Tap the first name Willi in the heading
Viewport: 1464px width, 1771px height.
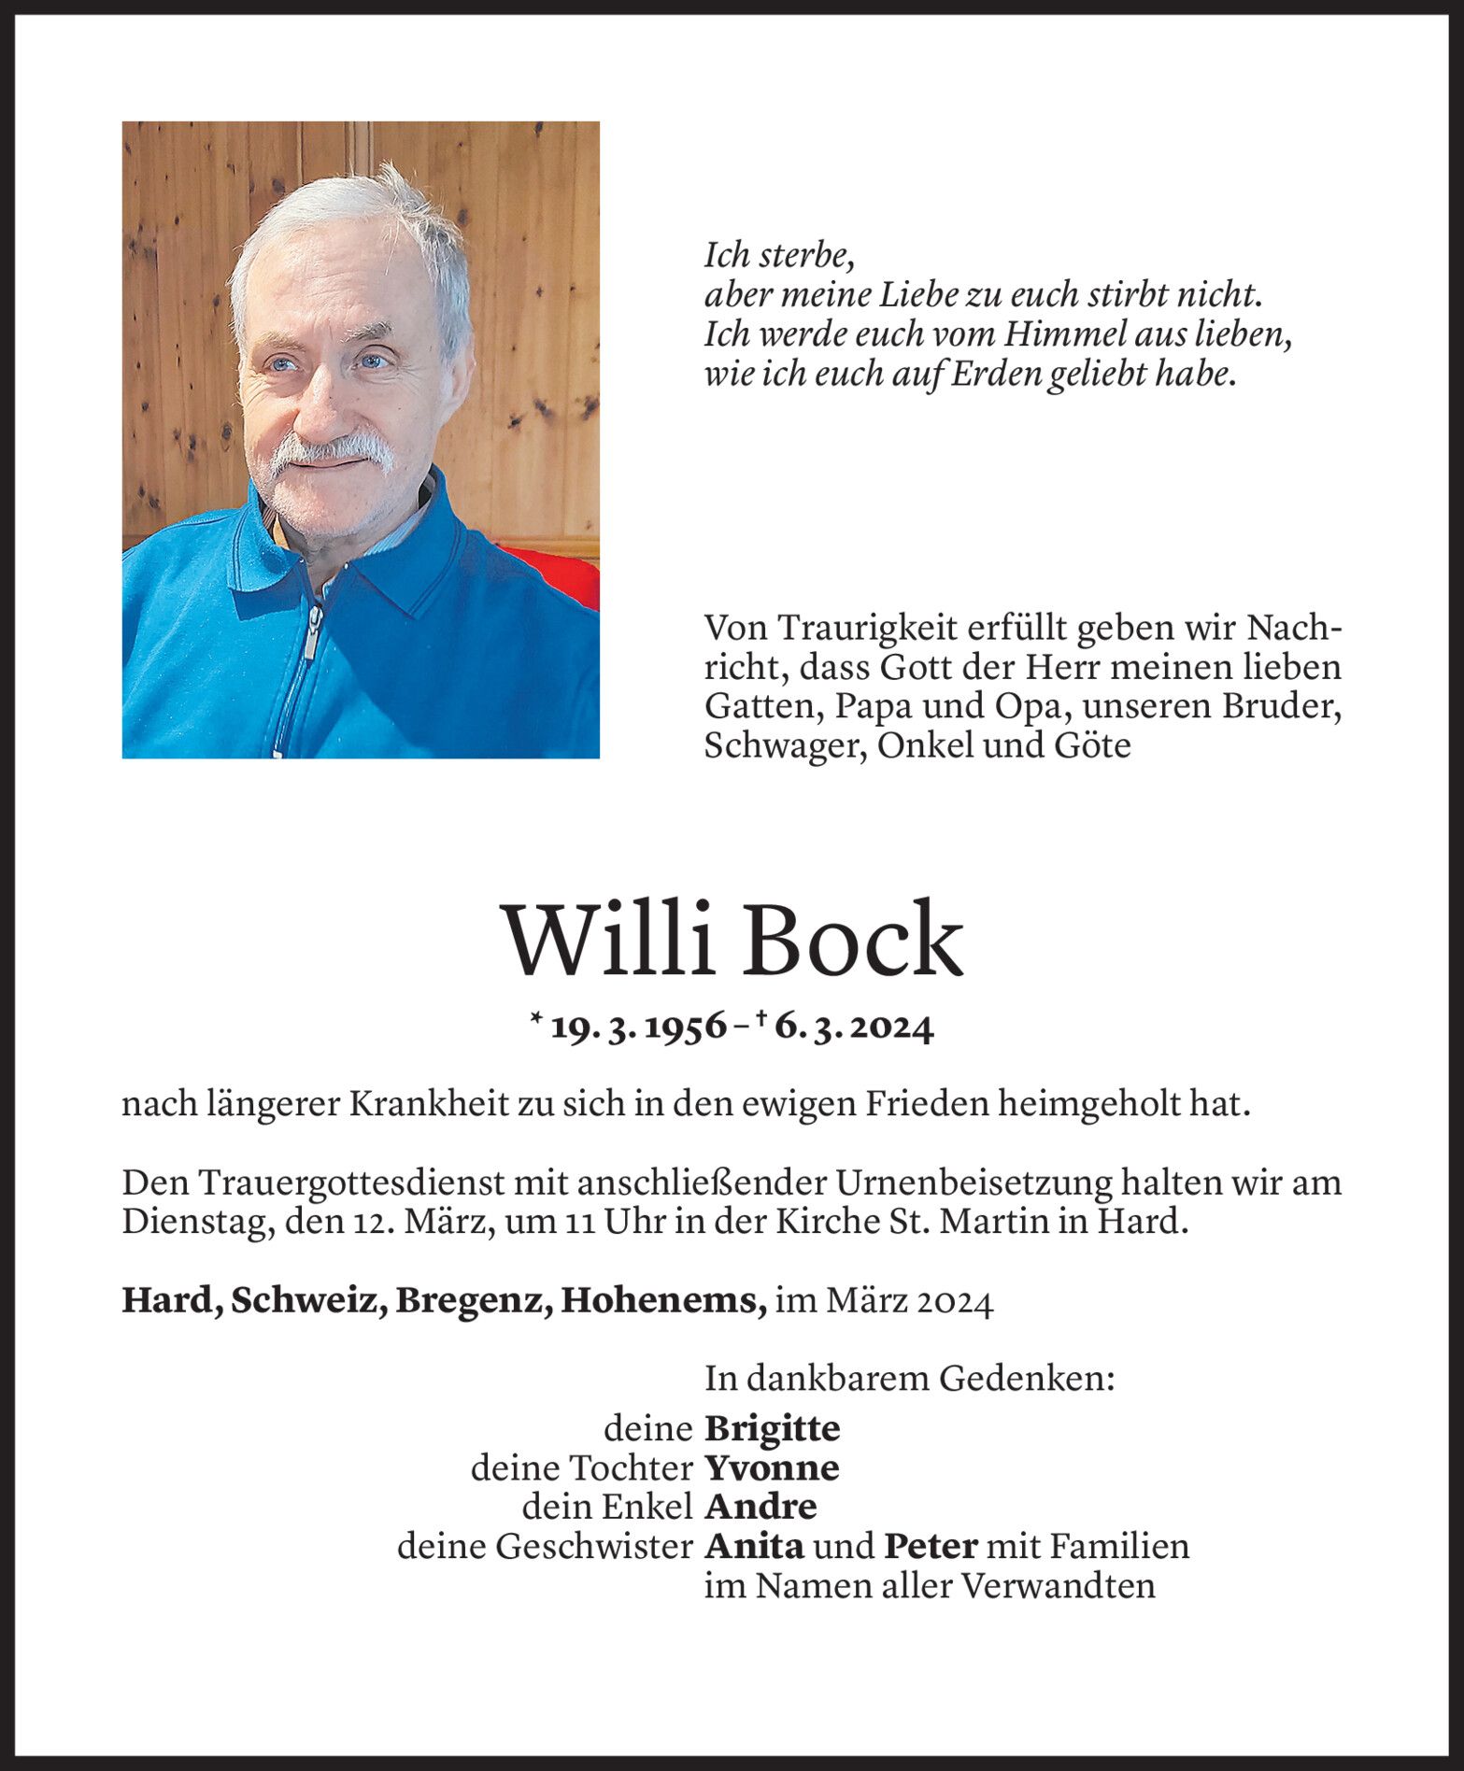coord(612,940)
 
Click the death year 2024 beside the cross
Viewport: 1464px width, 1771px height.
coord(887,1027)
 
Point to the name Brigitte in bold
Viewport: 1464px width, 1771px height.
coord(772,1428)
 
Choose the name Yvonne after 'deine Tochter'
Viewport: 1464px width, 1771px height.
coord(772,1467)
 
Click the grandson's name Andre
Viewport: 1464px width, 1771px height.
coord(760,1507)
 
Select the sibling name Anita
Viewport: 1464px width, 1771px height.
coord(754,1546)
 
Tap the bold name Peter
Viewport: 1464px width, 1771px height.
coord(931,1546)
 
